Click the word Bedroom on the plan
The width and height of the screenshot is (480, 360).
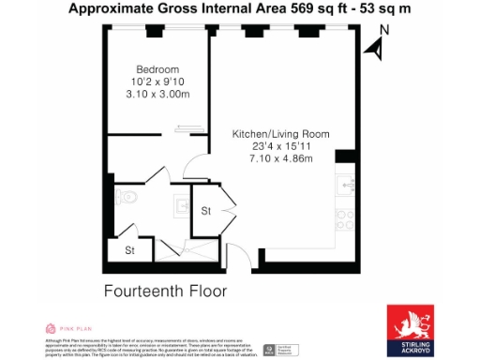[x=157, y=70]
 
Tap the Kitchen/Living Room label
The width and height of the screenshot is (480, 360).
[x=280, y=134]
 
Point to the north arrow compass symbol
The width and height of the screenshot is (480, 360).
[x=379, y=46]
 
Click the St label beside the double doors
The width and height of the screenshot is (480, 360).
[x=205, y=211]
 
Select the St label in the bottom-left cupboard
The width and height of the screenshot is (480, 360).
[x=131, y=250]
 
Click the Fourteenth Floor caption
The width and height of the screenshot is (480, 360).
[x=165, y=291]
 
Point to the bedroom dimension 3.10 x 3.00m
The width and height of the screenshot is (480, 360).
[x=157, y=95]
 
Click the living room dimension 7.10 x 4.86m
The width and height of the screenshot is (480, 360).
[x=280, y=158]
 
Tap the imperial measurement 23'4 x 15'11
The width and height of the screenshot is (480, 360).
[x=280, y=146]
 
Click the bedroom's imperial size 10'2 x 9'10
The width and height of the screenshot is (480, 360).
[x=157, y=82]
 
